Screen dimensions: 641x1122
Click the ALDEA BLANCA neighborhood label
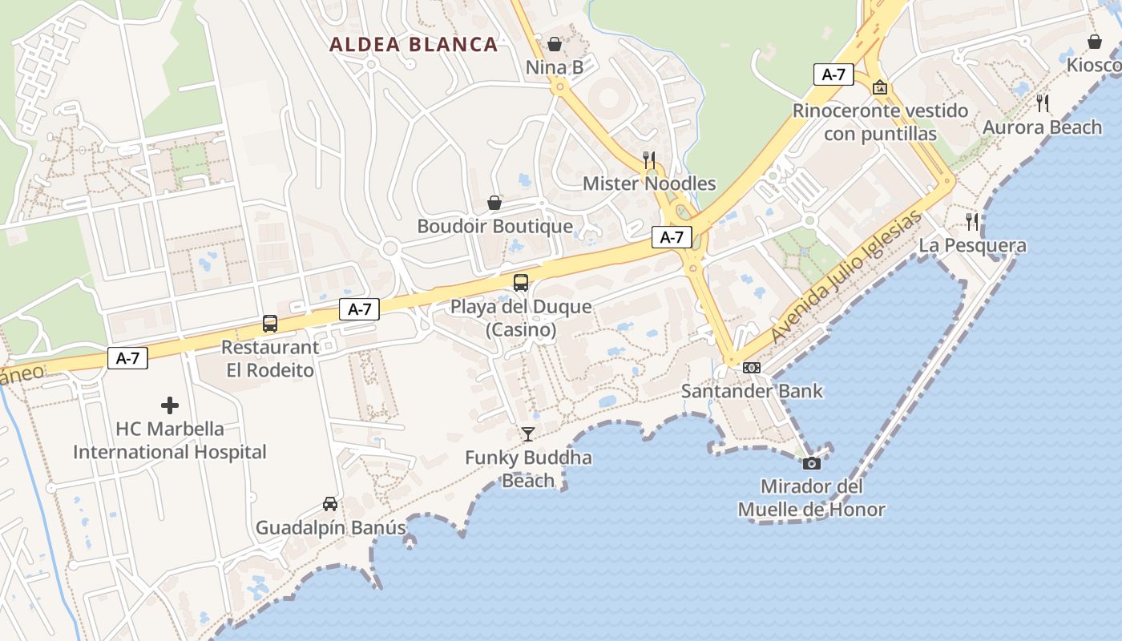tap(414, 44)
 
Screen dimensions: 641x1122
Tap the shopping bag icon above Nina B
tap(554, 44)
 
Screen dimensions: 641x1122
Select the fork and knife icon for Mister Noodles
tap(649, 160)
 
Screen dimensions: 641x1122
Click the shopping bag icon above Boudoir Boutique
tap(494, 203)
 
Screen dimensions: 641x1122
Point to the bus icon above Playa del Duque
tap(521, 282)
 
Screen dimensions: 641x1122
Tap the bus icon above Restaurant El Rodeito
tap(270, 324)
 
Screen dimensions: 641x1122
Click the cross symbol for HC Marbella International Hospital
tap(170, 405)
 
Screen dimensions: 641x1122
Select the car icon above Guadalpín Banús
tap(329, 504)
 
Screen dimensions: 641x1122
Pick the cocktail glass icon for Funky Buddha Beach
tap(528, 434)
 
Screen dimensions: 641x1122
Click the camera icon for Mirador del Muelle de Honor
tap(811, 463)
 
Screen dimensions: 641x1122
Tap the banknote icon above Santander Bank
tap(752, 368)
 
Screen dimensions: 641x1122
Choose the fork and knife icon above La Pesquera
tap(972, 222)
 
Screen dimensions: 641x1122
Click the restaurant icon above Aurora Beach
tap(1043, 103)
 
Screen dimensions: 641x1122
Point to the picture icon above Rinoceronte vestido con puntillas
tap(880, 87)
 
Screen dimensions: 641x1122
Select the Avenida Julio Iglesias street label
tap(846, 276)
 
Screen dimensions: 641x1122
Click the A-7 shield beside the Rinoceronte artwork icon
tap(833, 75)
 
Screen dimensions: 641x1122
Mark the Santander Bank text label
tap(752, 391)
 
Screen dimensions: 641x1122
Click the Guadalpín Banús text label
tap(330, 528)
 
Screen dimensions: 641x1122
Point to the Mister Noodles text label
tap(649, 183)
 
